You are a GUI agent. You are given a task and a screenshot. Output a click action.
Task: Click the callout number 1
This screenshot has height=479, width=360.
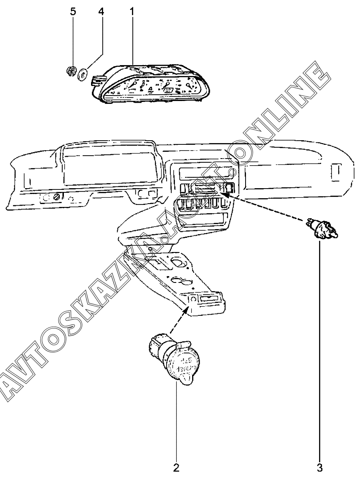132,11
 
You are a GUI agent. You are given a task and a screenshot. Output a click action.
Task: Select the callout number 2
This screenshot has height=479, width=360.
176,466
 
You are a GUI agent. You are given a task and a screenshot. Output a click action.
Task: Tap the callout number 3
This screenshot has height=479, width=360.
319,466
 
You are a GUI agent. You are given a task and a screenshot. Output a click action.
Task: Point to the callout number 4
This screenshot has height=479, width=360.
101,11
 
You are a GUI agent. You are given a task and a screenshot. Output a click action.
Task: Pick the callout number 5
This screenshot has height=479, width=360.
73,11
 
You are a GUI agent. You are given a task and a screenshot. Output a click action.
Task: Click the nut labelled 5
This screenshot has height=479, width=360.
71,72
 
